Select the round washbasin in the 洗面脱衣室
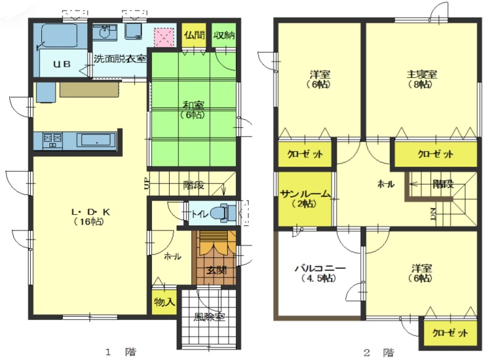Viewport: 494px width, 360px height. click(103, 32)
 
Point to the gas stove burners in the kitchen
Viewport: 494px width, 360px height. click(52, 140)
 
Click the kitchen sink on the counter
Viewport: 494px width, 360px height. click(96, 140)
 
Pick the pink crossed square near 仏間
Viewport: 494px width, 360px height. click(164, 37)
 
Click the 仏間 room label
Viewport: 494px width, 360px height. click(195, 35)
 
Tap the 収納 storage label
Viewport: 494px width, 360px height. click(224, 35)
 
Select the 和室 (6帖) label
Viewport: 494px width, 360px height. click(193, 110)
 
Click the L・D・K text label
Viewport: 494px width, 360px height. click(90, 212)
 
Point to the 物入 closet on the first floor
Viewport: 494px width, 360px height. click(164, 302)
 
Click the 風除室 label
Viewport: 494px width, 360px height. click(209, 317)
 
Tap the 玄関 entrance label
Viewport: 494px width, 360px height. click(217, 270)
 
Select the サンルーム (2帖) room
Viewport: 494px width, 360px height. click(304, 199)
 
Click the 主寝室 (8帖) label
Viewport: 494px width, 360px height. click(422, 79)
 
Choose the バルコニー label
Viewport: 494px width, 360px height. click(320, 269)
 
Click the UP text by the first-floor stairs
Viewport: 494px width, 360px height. click(147, 183)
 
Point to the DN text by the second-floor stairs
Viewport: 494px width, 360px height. click(433, 214)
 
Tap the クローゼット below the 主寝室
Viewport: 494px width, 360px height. click(436, 154)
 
